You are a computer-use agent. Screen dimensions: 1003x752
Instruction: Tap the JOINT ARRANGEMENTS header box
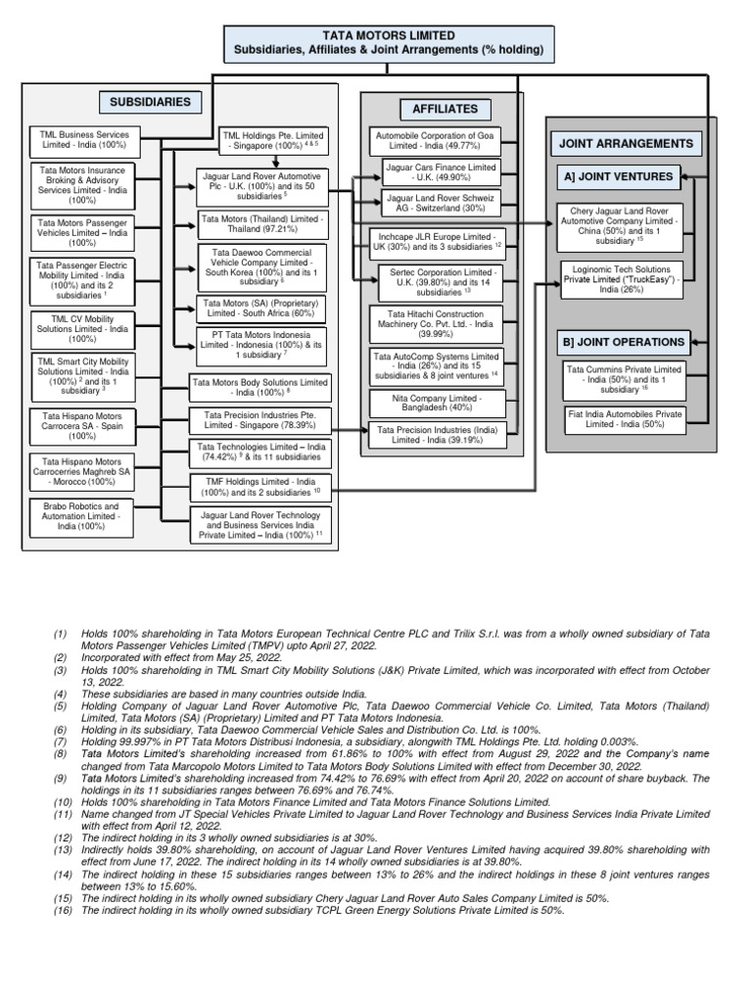pos(625,143)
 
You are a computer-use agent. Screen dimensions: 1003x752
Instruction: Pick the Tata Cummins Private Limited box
pos(625,377)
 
